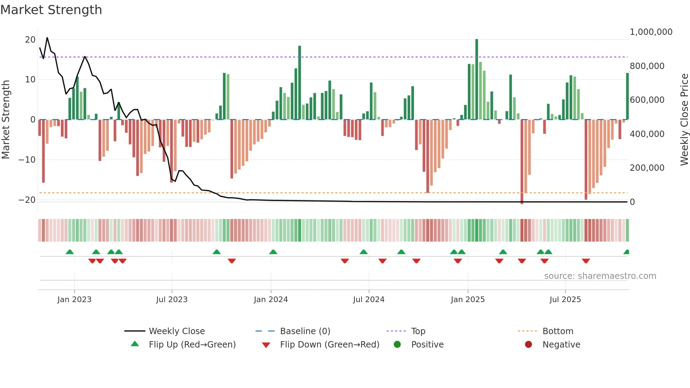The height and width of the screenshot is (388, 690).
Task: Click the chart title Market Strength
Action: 51,10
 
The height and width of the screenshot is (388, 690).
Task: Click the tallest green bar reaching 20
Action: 477,79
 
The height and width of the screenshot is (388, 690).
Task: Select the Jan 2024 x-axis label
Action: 271,300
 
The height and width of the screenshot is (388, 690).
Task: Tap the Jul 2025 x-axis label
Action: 565,300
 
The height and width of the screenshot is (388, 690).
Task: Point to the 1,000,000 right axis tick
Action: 651,32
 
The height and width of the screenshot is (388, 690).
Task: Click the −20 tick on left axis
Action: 27,200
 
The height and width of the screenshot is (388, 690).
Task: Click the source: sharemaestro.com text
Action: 600,276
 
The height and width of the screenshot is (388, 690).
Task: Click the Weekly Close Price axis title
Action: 684,120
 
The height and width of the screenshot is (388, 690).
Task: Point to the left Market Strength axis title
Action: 6,120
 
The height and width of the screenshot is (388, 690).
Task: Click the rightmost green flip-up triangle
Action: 626,252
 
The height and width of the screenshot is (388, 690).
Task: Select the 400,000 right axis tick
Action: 647,134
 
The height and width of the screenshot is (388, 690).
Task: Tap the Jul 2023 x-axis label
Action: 172,300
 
